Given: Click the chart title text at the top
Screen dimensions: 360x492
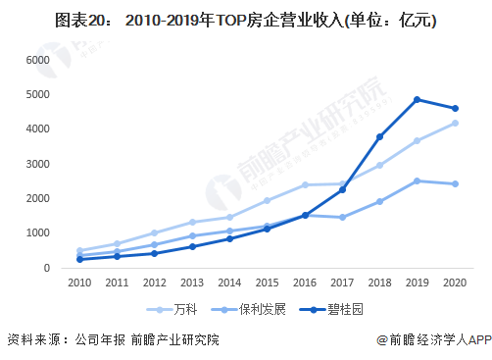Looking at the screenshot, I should click(246, 22).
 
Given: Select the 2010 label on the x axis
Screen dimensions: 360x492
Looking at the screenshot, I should click(79, 283).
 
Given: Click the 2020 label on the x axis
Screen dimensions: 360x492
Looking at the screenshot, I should click(455, 283).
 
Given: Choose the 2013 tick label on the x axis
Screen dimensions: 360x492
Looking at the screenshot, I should click(193, 283).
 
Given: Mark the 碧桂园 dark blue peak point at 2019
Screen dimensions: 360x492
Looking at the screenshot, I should click(418, 100).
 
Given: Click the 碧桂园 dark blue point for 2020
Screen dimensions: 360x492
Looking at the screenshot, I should click(455, 109).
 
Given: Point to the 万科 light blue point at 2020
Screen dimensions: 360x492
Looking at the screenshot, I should click(455, 124).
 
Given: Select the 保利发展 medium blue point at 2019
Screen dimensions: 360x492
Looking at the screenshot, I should click(418, 180).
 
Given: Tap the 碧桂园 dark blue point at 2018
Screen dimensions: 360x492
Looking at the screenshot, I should click(379, 136).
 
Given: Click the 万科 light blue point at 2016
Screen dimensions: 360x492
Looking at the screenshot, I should click(305, 184).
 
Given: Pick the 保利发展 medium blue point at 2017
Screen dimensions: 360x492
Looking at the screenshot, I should click(342, 217).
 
